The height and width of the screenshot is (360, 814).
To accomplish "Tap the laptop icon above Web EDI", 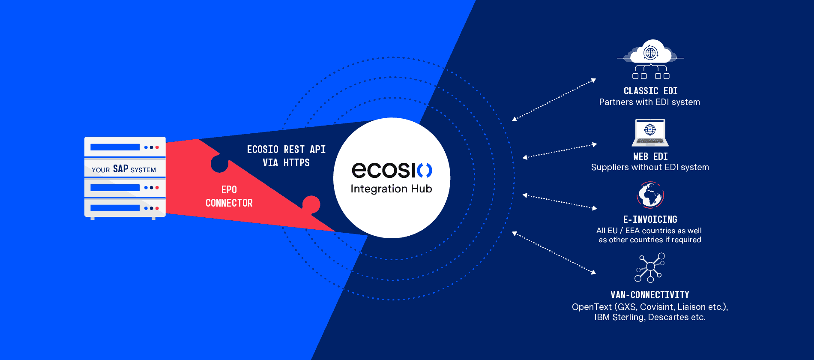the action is point(650,132).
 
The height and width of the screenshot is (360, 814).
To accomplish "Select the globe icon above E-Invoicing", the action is point(650,195).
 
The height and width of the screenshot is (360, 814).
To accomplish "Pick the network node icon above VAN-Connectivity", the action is point(650,267).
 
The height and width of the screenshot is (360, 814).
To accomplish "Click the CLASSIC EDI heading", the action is point(650,91).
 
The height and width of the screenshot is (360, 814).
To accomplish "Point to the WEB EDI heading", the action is point(650,156).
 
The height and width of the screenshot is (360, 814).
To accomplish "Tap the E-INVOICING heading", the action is point(650,219).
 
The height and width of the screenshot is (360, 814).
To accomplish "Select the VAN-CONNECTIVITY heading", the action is point(650,295).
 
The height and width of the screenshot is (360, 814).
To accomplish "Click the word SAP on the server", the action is point(120,169).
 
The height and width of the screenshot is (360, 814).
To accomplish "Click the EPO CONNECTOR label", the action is point(229,196).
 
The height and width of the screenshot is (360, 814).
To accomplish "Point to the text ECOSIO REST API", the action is point(286,149).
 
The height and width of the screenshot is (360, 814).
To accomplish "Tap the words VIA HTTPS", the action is point(286,163).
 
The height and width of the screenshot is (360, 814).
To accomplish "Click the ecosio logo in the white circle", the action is point(392,170).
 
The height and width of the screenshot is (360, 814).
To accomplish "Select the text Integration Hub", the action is point(391,189).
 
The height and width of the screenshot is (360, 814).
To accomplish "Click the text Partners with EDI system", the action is point(649,102).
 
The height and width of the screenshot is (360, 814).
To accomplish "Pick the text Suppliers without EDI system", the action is point(650,167).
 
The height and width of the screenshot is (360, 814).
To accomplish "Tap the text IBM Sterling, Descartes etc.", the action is point(650,317).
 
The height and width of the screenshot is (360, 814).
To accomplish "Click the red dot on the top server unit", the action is point(157,147).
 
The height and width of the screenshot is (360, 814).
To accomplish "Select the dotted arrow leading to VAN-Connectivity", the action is point(554,253).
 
